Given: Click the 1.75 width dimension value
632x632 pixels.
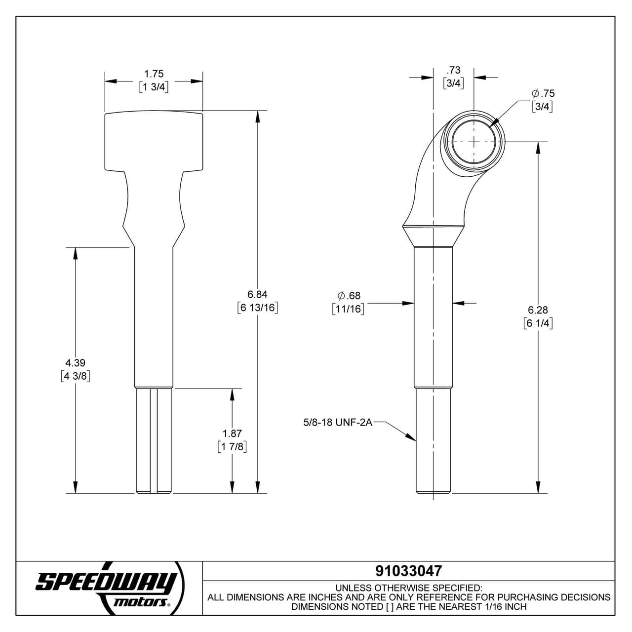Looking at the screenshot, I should (x=154, y=74).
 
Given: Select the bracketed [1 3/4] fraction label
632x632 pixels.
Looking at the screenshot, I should (x=154, y=87).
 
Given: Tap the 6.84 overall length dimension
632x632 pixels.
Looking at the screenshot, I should (x=257, y=294).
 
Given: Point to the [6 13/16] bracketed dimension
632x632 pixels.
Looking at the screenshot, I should (x=257, y=308).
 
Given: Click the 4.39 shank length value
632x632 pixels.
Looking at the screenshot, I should (x=75, y=363).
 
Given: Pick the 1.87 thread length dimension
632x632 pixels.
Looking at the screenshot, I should (x=232, y=434).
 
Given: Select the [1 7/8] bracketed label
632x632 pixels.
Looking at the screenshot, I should (x=232, y=447).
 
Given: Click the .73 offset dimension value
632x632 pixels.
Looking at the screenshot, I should (x=453, y=70).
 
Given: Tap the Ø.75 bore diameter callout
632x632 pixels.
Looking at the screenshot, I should (x=543, y=93).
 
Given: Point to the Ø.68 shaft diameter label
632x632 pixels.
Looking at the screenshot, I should (x=349, y=296).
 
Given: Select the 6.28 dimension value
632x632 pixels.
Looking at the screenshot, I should (x=538, y=310).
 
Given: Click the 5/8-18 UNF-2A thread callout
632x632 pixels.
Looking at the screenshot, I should (x=338, y=423).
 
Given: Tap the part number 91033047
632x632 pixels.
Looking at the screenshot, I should (x=408, y=571).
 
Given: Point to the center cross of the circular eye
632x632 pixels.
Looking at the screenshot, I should (x=474, y=142).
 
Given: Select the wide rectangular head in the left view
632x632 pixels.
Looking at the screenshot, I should (x=154, y=141).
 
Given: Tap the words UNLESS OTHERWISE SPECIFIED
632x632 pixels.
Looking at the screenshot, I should (x=408, y=588).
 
